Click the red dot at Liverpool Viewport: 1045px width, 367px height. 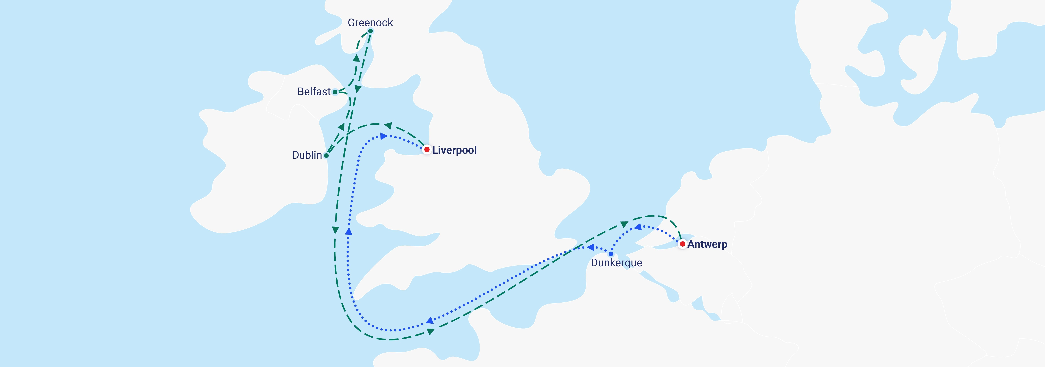pos(427,150)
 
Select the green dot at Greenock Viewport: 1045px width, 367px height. pos(370,31)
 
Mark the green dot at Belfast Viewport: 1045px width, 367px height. pos(335,92)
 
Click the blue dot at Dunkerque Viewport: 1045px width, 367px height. pos(611,254)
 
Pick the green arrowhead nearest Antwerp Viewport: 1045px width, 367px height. pos(624,224)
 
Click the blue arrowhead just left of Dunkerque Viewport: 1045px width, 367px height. pos(591,247)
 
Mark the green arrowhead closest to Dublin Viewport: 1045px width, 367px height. pos(341,127)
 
